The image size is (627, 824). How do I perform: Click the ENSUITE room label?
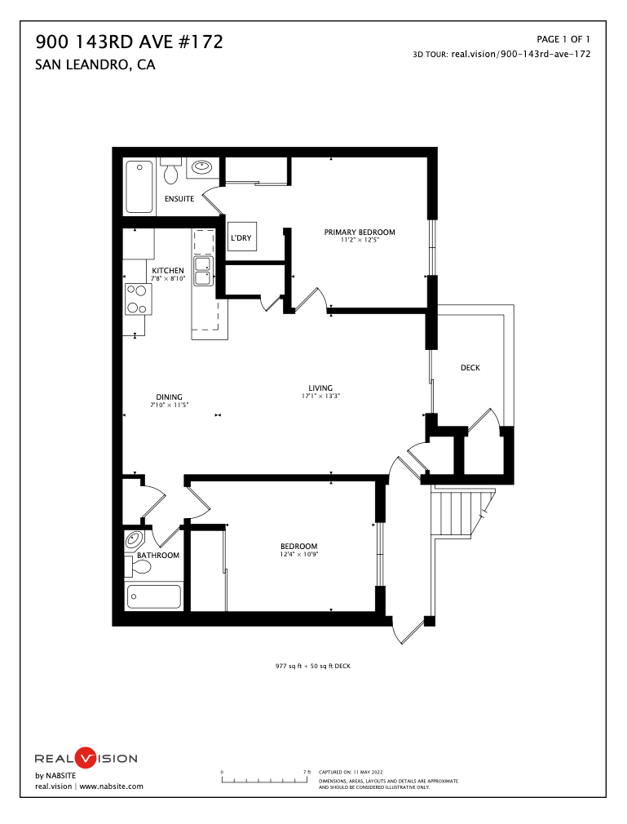(x=179, y=199)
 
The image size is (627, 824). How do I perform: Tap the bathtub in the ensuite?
(x=139, y=187)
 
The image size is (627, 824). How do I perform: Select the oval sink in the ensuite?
(x=201, y=168)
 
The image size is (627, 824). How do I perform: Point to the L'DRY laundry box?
(x=241, y=237)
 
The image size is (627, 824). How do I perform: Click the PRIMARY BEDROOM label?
(x=360, y=233)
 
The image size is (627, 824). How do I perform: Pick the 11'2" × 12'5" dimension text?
(x=360, y=241)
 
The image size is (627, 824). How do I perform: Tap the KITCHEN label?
(x=168, y=271)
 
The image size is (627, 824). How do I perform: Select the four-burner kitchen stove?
(x=137, y=299)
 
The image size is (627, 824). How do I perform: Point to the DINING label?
(x=170, y=397)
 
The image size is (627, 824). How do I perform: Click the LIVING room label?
(x=320, y=388)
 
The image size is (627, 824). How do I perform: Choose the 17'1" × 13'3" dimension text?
(x=320, y=396)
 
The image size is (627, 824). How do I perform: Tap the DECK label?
(x=470, y=368)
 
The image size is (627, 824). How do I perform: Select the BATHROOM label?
(x=158, y=556)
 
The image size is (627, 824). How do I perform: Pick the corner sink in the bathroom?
(x=134, y=540)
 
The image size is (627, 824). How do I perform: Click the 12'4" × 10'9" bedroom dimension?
(x=299, y=555)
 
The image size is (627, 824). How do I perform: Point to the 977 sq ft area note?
(x=312, y=666)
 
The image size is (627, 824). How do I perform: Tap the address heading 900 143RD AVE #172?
(x=130, y=42)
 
